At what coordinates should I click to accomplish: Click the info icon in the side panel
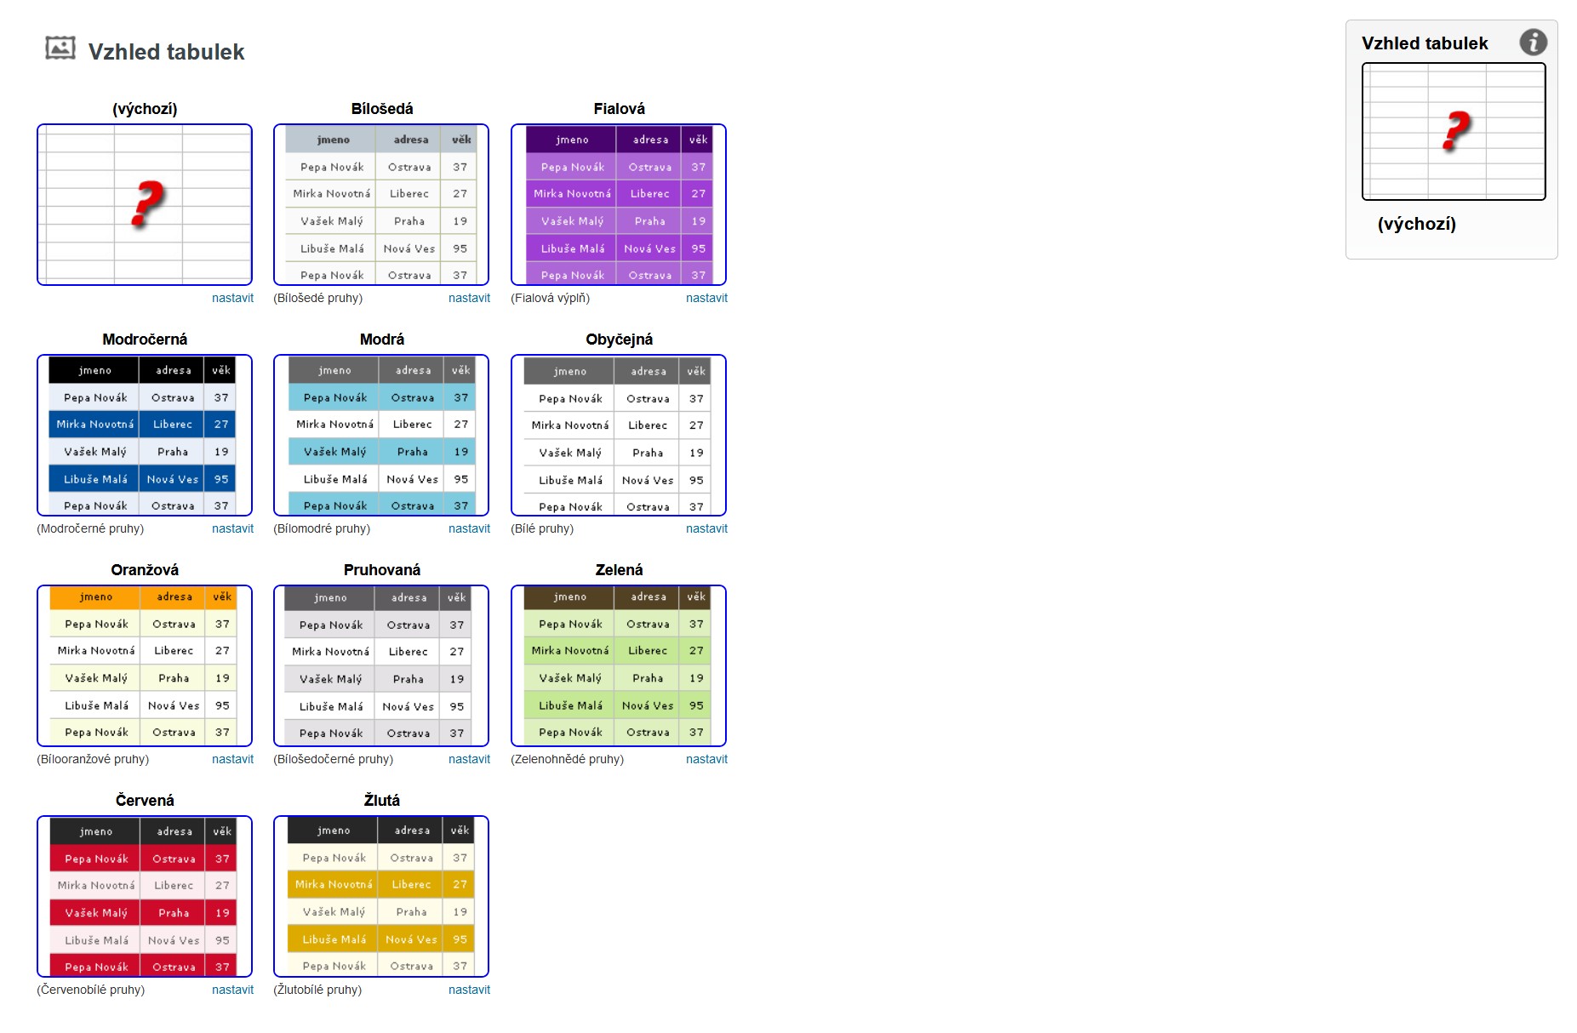click(x=1533, y=42)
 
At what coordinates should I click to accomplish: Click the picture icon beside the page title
click(x=60, y=49)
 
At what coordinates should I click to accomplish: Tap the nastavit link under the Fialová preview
click(x=706, y=298)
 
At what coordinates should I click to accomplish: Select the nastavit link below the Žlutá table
click(x=469, y=990)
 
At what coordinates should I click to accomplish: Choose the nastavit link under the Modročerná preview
click(x=232, y=528)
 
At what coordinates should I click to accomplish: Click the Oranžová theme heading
click(x=145, y=570)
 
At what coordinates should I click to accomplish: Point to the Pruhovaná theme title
click(x=381, y=570)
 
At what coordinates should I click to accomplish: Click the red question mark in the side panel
click(x=1456, y=131)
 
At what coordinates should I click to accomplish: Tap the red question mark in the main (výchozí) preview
click(x=146, y=203)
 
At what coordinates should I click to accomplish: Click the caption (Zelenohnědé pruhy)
click(x=567, y=759)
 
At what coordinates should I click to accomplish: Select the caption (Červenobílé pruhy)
click(x=91, y=990)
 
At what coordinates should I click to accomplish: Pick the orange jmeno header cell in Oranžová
click(x=95, y=597)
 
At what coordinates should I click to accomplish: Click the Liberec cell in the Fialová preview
click(x=649, y=194)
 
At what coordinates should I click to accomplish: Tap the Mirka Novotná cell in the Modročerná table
click(x=94, y=425)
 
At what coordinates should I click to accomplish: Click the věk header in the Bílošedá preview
click(x=461, y=140)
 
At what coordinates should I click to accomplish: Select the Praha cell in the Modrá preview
click(x=412, y=452)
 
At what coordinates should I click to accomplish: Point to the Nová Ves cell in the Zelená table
click(x=647, y=705)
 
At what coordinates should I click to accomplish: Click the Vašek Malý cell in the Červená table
click(x=96, y=913)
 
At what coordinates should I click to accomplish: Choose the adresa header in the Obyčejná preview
click(x=648, y=371)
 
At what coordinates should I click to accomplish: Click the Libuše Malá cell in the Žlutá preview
click(x=334, y=939)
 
